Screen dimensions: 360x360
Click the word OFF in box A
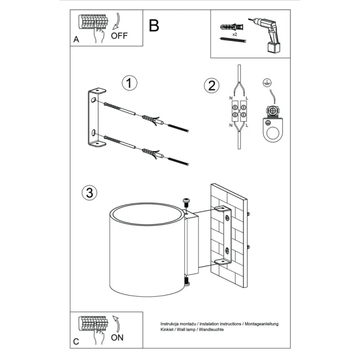(x=119, y=35)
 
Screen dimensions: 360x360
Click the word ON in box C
(x=117, y=338)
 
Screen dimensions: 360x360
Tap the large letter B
(x=154, y=25)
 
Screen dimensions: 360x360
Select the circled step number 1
(x=130, y=83)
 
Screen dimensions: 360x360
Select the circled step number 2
(x=210, y=85)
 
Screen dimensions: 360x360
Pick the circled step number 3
(x=89, y=193)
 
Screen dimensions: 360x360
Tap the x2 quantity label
(x=235, y=33)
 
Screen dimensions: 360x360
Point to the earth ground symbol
(x=266, y=82)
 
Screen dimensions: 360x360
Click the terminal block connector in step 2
(x=239, y=112)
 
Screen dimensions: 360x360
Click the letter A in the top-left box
(x=76, y=39)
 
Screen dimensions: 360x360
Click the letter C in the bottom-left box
(x=76, y=341)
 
